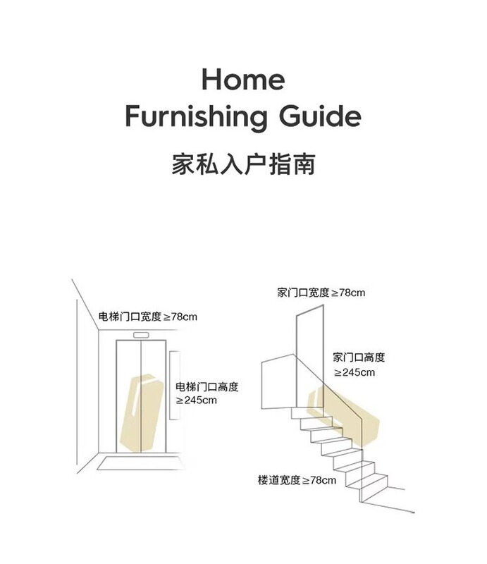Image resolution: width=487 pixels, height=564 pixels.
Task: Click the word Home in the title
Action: [x=243, y=79]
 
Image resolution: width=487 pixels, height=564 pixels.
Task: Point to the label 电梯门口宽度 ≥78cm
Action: [x=147, y=317]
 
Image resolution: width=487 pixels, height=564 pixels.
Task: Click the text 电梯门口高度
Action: [x=207, y=386]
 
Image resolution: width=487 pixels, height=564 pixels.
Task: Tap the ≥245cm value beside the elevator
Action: [x=197, y=400]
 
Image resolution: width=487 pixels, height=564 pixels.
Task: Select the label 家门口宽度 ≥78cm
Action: [x=321, y=292]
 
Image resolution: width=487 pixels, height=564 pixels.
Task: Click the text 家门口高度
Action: [x=359, y=357]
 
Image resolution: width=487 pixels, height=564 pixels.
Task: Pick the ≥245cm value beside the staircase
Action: [x=355, y=372]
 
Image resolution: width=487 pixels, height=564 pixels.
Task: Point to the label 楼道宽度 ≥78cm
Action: [x=297, y=480]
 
